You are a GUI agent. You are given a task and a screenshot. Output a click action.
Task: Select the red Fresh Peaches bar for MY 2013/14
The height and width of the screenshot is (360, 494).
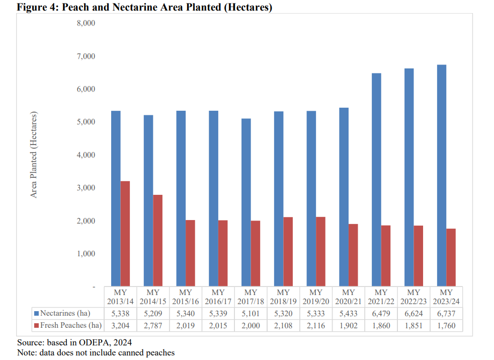[125, 234]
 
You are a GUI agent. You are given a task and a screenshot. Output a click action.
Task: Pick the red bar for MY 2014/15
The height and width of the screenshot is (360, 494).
[158, 241]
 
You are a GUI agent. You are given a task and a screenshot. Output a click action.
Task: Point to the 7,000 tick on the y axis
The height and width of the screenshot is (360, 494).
[86, 56]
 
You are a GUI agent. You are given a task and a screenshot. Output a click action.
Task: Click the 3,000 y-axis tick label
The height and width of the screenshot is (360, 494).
[86, 188]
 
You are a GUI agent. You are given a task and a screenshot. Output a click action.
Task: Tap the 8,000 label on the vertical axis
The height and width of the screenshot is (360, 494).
[86, 23]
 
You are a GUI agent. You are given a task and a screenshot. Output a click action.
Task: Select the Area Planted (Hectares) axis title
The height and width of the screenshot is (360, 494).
[34, 155]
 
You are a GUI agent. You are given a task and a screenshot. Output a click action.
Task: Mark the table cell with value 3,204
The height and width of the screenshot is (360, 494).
[120, 325]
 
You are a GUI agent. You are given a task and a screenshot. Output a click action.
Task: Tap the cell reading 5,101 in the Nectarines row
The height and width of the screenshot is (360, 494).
[251, 314]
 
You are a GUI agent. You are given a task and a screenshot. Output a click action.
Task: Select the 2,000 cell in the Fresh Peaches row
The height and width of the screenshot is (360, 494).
[251, 325]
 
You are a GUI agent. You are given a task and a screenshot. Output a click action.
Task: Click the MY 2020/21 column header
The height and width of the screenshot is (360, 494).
[348, 297]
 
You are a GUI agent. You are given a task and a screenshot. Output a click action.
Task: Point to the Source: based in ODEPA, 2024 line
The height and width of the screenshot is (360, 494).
[71, 342]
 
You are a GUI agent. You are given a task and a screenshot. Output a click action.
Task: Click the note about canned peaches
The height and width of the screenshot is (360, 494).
[96, 352]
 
